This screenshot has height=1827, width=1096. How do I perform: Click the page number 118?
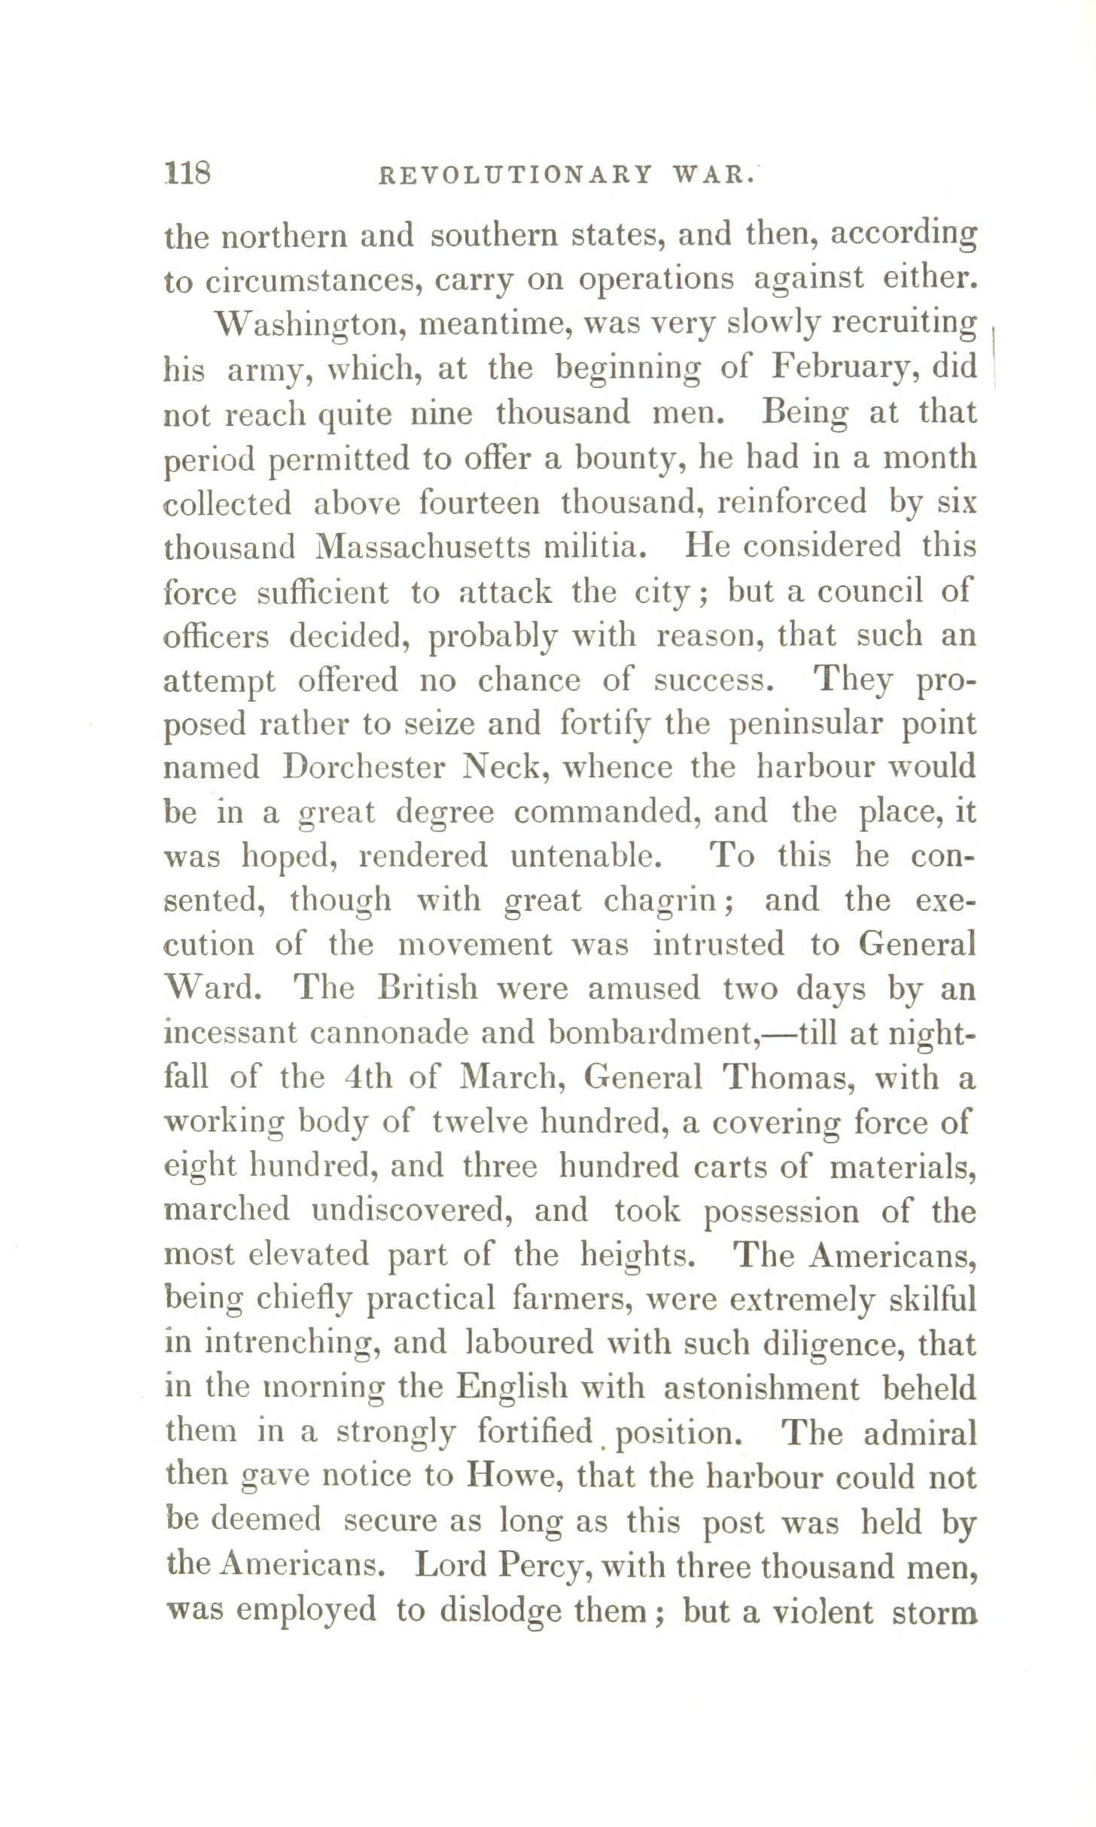(x=187, y=174)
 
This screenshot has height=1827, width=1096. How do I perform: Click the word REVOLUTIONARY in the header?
(x=515, y=175)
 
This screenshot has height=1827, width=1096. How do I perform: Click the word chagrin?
(x=663, y=901)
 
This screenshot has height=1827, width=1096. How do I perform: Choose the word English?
(x=513, y=1388)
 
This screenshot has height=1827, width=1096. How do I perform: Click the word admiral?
(x=919, y=1433)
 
